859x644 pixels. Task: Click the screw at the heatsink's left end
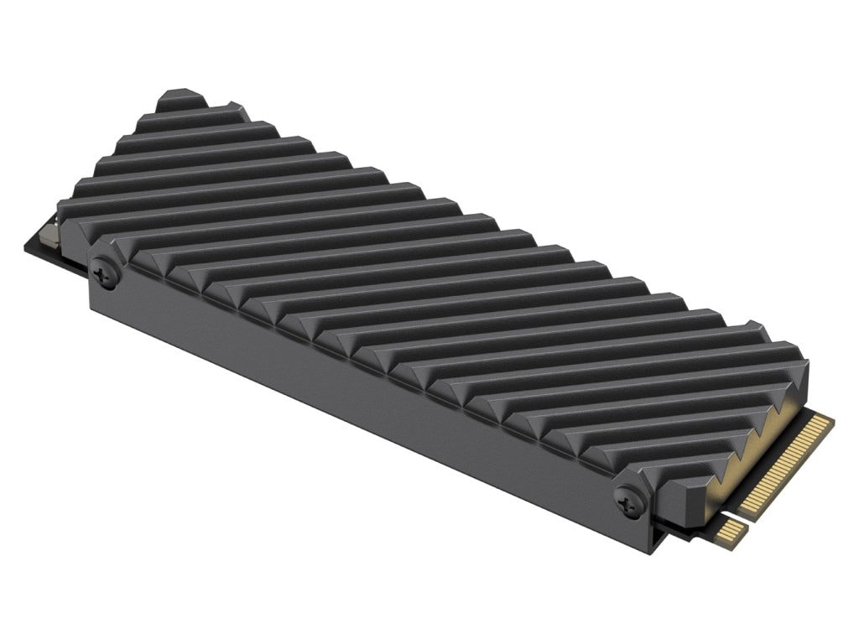click(x=105, y=272)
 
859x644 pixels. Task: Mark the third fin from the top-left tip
click(x=197, y=134)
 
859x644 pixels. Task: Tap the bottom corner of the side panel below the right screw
click(x=646, y=549)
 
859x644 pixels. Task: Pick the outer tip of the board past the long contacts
click(x=830, y=419)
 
